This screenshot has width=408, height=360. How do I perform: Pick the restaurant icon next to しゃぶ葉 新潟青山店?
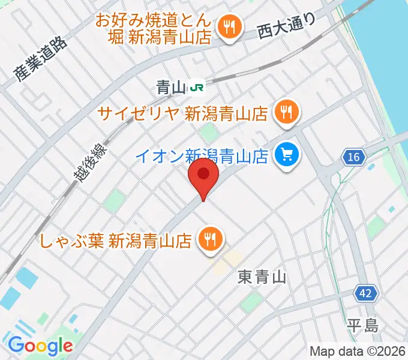(209, 240)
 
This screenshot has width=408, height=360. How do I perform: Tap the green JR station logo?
(196, 88)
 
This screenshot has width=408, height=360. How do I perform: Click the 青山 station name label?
(171, 88)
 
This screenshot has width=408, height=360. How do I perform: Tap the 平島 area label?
(362, 326)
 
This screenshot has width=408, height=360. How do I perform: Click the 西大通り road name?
(286, 28)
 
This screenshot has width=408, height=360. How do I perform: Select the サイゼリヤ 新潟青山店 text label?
(182, 113)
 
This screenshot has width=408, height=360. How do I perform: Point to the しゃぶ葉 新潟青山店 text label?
(116, 241)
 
